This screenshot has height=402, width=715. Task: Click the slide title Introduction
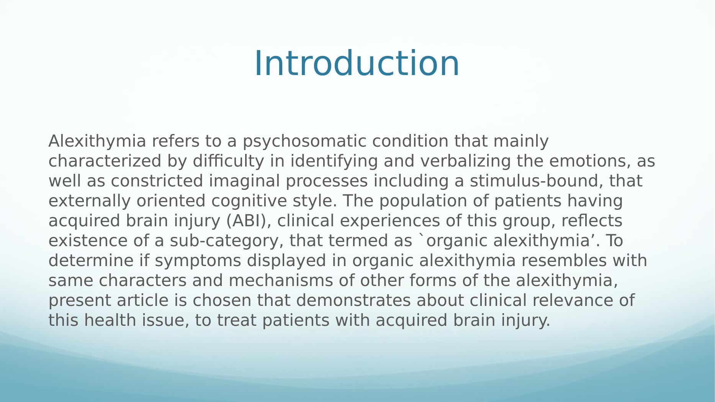click(357, 63)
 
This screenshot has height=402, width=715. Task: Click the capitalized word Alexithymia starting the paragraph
click(97, 141)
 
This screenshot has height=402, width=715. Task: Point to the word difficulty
click(228, 161)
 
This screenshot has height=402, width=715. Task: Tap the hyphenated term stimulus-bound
click(533, 181)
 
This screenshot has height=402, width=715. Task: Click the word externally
click(90, 201)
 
